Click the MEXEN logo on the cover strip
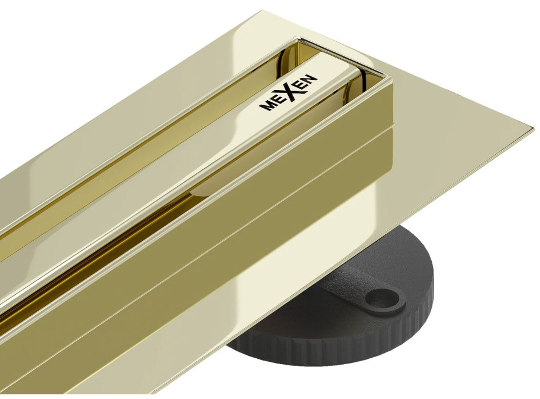pyautogui.click(x=288, y=92)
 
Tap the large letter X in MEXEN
pyautogui.click(x=291, y=91)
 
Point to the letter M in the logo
pyautogui.click(x=265, y=105)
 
